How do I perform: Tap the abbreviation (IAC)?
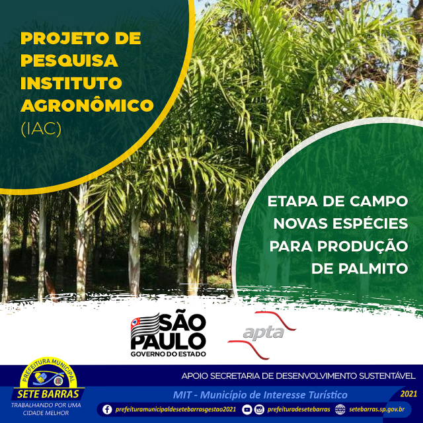coord(41,129)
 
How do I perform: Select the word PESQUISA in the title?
coord(69,60)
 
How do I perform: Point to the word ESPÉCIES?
coord(370,223)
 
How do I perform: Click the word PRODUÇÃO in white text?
coord(362,246)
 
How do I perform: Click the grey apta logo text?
coord(263,332)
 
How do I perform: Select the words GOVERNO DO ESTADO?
coord(169,354)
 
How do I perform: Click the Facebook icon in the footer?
coord(107,409)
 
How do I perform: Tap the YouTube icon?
coord(247,410)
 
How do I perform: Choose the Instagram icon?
coord(259,410)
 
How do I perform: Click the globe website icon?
coord(340,410)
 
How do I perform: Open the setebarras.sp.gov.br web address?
coord(377,410)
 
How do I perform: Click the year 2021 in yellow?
coord(408,394)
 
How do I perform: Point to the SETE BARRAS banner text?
coord(48,394)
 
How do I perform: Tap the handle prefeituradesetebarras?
coord(299,410)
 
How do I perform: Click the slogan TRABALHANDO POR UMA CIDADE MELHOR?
coord(46,409)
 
